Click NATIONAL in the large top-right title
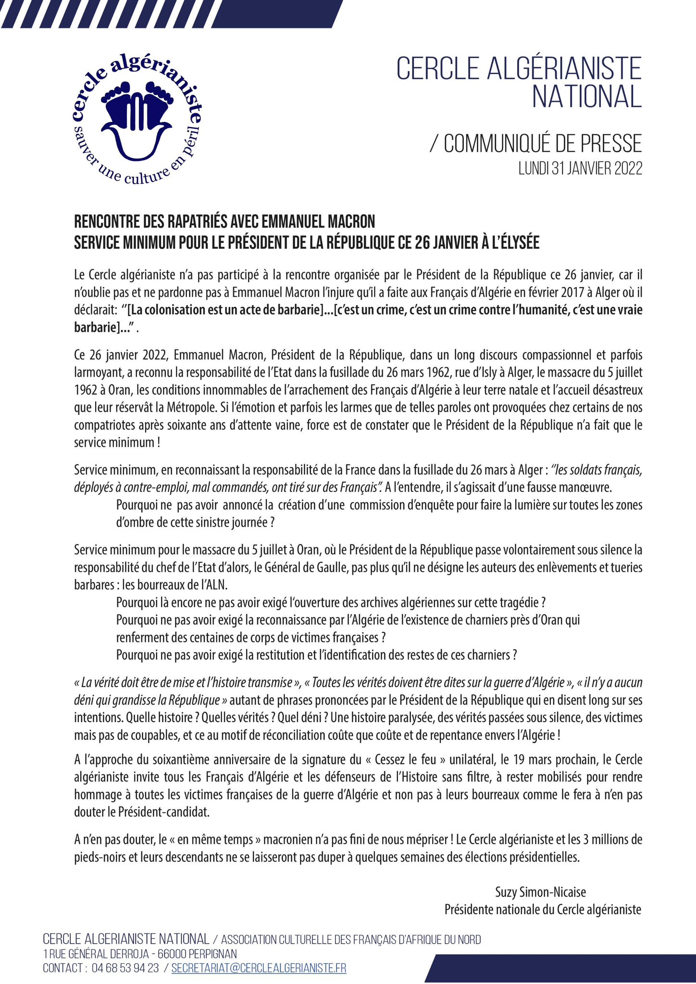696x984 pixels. point(586,96)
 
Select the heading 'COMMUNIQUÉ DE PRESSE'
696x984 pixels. point(543,144)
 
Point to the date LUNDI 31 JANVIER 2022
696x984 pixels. point(580,169)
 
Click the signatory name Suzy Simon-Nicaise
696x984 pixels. point(541,892)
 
